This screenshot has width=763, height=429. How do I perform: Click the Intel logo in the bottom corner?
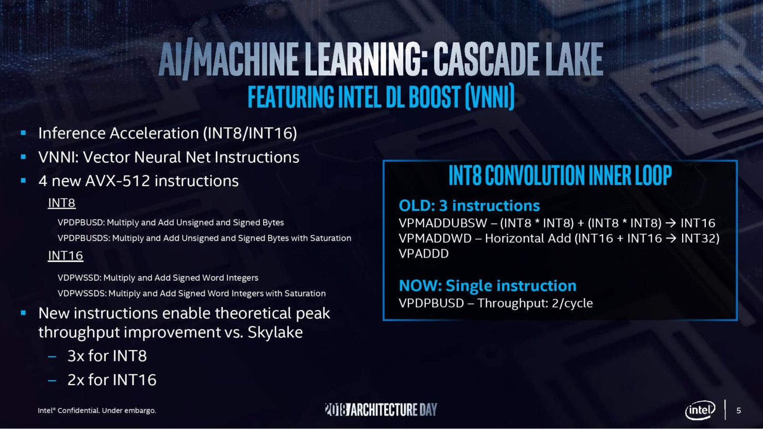tap(700, 410)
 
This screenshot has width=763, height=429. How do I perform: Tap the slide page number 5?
tap(738, 410)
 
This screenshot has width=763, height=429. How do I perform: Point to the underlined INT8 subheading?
tap(62, 203)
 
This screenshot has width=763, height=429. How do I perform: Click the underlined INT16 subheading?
tap(65, 255)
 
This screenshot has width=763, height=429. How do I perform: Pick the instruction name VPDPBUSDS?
tap(84, 238)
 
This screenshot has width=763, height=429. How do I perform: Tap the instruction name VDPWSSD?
tap(79, 278)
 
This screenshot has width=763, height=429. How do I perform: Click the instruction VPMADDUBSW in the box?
tap(443, 223)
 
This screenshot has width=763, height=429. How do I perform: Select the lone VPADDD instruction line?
tap(424, 254)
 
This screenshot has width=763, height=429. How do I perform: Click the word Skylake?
tap(275, 332)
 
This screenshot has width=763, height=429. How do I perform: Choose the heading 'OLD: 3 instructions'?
tap(469, 206)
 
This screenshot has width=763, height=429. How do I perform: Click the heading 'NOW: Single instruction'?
tap(487, 286)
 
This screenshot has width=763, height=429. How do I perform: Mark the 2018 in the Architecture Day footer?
tap(336, 409)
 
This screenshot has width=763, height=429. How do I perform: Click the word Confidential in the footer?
tap(79, 410)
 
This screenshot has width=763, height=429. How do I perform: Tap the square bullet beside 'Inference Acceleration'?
tap(23, 133)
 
